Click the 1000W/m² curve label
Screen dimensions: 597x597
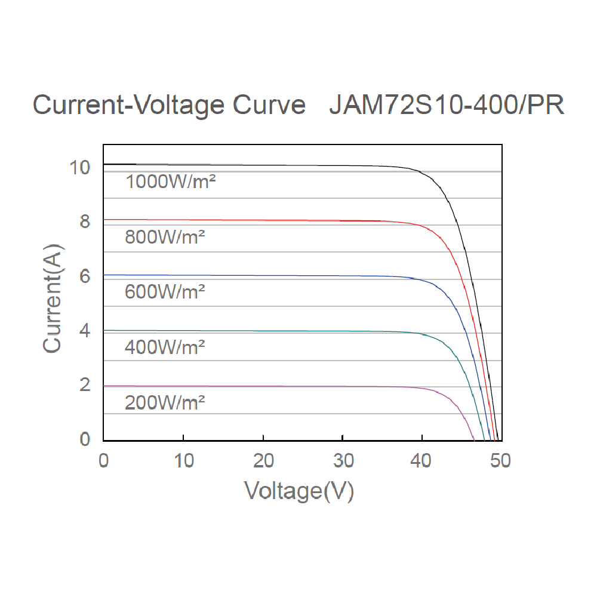coord(170,182)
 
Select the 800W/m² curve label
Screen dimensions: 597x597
coord(165,237)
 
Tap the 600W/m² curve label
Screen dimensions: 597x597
coord(165,292)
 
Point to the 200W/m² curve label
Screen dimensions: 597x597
coord(165,403)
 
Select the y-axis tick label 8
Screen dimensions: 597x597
coord(85,221)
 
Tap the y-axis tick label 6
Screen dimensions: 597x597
coord(85,276)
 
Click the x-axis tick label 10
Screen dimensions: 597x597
coord(183,461)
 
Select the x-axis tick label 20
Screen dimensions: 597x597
coord(263,461)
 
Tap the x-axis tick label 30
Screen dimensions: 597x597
coord(343,461)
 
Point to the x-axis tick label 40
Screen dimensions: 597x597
coord(422,461)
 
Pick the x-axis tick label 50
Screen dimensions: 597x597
coord(501,461)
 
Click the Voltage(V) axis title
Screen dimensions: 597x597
coord(299,491)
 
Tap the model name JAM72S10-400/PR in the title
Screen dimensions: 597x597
coord(447,105)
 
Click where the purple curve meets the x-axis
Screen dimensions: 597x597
coord(474,440)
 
